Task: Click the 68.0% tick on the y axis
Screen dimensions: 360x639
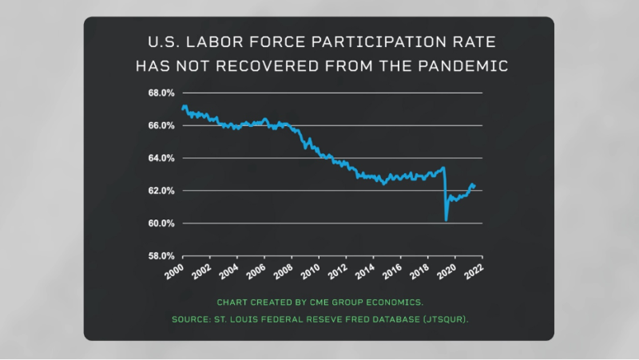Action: click(x=161, y=93)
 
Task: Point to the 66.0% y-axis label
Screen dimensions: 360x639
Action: click(x=161, y=125)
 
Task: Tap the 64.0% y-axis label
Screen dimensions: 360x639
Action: click(x=161, y=158)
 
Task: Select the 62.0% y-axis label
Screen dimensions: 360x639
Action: click(x=161, y=191)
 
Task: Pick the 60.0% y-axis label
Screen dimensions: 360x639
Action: click(x=161, y=224)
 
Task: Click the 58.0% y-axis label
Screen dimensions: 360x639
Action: click(x=161, y=256)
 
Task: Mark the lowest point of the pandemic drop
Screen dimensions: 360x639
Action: click(x=446, y=220)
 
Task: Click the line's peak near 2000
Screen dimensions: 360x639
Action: click(x=185, y=105)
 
